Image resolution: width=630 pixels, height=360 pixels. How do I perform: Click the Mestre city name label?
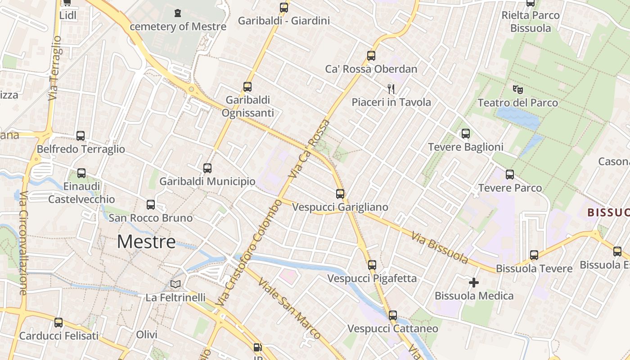pos(146,242)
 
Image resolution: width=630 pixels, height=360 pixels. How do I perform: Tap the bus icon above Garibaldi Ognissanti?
pos(247,87)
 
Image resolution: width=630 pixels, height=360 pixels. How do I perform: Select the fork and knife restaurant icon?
pos(391,89)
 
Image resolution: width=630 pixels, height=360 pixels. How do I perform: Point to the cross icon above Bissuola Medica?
pos(474,283)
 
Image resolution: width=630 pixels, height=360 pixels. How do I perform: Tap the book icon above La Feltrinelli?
pos(175,284)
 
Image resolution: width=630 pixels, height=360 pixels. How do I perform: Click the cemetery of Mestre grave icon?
pos(178,13)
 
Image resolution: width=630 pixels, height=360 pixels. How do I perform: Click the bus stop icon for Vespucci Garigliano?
pos(340,194)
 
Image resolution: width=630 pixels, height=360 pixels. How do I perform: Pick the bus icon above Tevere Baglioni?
pos(466,134)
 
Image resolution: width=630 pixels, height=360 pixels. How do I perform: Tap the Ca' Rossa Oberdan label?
pos(371,69)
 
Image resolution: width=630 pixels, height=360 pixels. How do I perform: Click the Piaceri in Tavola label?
pos(391,103)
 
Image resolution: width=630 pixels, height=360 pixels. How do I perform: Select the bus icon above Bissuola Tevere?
pos(534,255)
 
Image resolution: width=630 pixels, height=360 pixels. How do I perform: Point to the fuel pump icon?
pos(257,347)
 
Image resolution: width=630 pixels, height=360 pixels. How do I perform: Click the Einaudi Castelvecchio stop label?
pos(81,193)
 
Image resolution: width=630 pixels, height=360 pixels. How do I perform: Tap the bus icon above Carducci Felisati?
pos(58,323)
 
